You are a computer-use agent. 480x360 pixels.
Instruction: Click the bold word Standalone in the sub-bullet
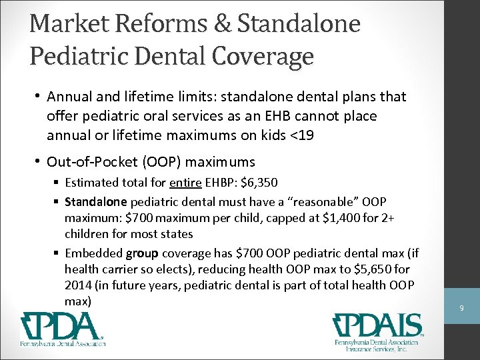95,201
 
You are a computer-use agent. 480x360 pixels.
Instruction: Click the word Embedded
93,253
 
